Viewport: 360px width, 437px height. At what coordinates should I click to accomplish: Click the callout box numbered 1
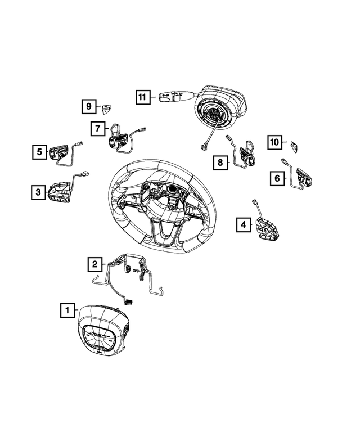click(x=66, y=309)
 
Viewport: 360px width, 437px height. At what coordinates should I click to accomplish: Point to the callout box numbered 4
click(x=243, y=226)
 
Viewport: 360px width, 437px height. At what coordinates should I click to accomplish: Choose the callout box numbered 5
click(x=39, y=151)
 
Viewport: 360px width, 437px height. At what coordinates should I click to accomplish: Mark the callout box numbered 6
click(x=277, y=178)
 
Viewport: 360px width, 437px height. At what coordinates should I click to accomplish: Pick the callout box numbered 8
click(x=220, y=163)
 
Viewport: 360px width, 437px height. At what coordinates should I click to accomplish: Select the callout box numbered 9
click(x=88, y=106)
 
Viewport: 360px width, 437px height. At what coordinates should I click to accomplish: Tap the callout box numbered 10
click(x=274, y=143)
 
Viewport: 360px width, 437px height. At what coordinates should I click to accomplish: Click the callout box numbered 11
click(x=143, y=97)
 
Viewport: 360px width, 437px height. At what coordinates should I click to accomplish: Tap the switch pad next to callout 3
click(x=59, y=192)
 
